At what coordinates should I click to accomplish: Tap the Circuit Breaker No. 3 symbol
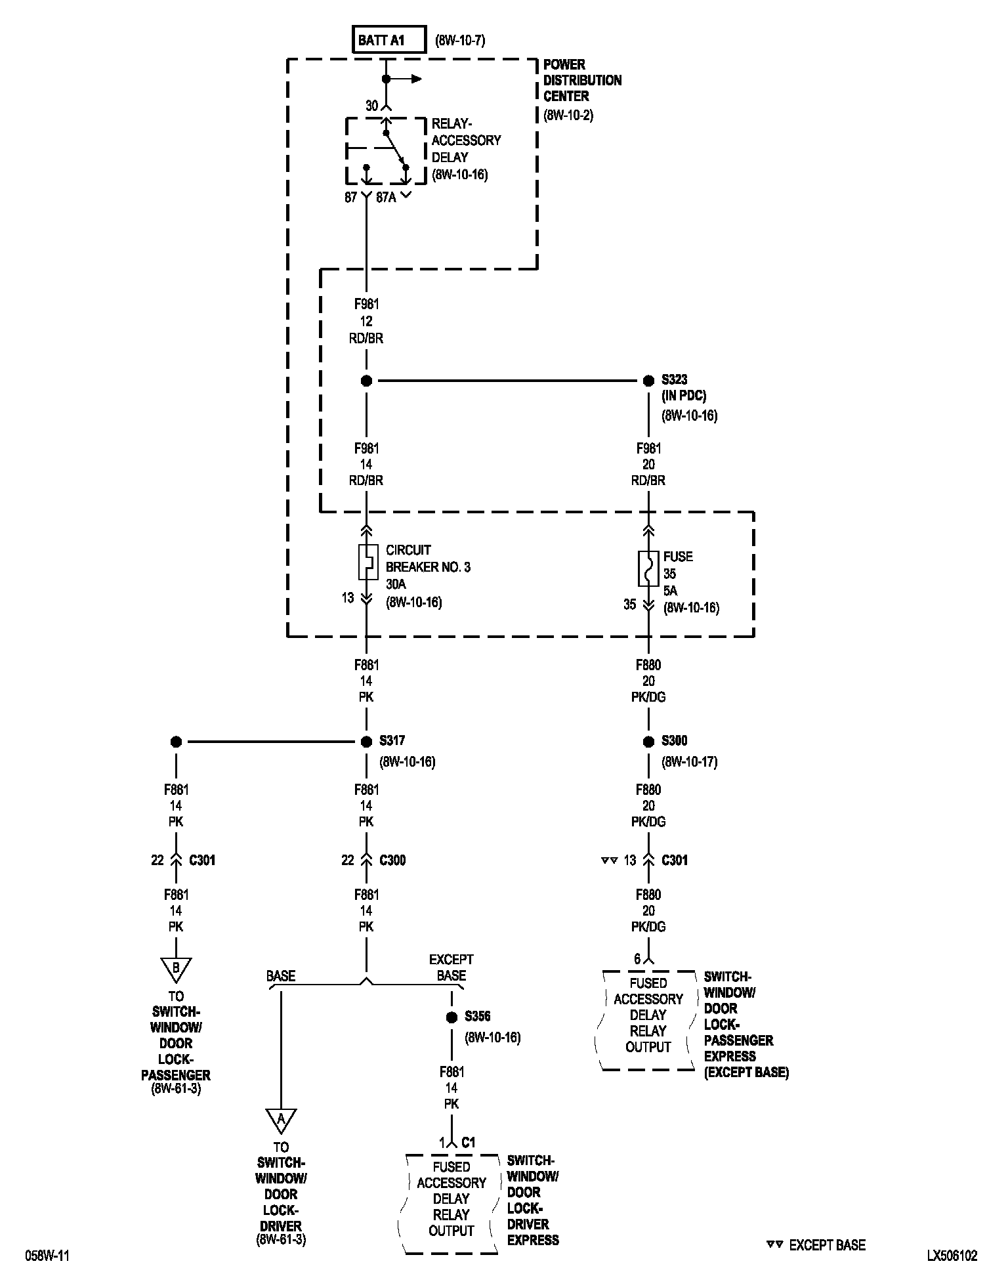[x=366, y=562]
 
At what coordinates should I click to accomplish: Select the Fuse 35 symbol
[x=648, y=568]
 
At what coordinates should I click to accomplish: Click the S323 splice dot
[x=648, y=381]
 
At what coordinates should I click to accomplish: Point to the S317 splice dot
[x=366, y=742]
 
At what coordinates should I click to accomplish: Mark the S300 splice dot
[x=648, y=742]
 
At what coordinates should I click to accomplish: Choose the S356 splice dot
[x=451, y=1017]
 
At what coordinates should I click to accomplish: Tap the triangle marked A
[x=281, y=1121]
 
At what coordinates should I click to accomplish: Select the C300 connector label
[x=392, y=860]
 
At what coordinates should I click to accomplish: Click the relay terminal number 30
[x=371, y=106]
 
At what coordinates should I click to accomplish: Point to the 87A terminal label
[x=386, y=197]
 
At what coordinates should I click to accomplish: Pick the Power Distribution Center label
[x=582, y=80]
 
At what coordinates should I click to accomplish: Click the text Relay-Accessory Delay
[x=466, y=140]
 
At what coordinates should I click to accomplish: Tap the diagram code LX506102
[x=952, y=1256]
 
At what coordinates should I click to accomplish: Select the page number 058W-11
[x=47, y=1256]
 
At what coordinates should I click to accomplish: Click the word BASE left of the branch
[x=280, y=976]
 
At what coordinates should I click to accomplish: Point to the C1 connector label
[x=468, y=1142]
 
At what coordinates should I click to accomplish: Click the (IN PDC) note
[x=684, y=396]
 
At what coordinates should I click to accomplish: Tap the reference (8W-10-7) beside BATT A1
[x=460, y=41]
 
